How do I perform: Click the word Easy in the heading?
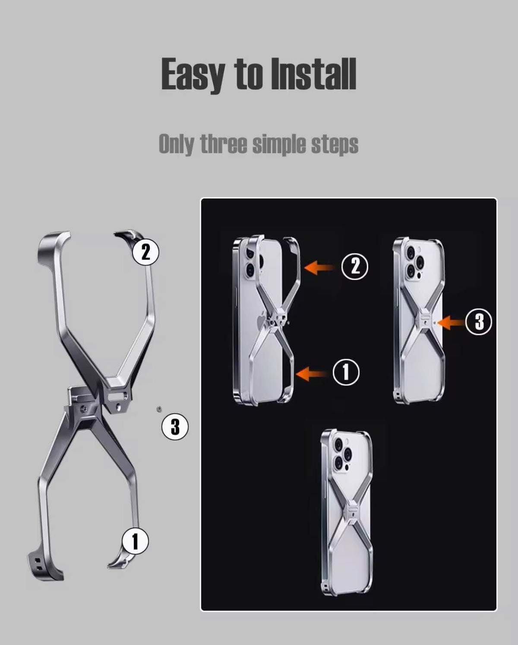[193, 75]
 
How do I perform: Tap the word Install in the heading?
[314, 74]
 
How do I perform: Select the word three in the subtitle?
[224, 144]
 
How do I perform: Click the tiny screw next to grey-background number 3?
[159, 409]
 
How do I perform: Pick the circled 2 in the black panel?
[355, 266]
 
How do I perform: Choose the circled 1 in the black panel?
[346, 372]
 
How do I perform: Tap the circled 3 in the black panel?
[479, 322]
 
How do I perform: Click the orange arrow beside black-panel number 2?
[319, 267]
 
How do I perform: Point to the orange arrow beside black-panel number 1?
[312, 373]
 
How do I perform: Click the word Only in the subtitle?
[176, 144]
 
